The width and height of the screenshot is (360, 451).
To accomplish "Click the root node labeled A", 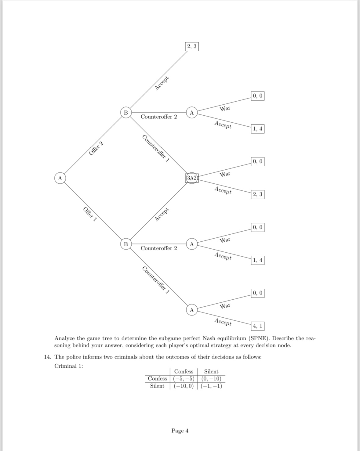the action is click(x=60, y=178).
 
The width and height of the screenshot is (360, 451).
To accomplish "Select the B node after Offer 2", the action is click(x=125, y=112).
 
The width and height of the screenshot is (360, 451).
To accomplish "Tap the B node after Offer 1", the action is click(x=125, y=244).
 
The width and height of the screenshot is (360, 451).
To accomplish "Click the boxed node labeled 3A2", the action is click(x=192, y=178).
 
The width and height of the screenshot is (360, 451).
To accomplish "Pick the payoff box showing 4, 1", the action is click(x=257, y=326).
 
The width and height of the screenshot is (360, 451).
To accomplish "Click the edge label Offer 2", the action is click(x=96, y=149).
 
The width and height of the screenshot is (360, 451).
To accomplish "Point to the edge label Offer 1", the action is click(x=90, y=214).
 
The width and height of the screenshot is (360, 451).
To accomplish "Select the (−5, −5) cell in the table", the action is click(x=184, y=379).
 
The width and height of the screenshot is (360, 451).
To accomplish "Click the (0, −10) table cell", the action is click(x=211, y=379).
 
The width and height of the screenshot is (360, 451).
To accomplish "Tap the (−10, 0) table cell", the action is click(x=184, y=386).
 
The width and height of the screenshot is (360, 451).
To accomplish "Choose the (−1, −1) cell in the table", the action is click(x=211, y=386).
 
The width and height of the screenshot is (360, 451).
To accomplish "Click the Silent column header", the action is click(x=211, y=371).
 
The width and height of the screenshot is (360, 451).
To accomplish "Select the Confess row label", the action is click(x=157, y=379).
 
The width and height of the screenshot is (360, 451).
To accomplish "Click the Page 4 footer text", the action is click(x=180, y=431).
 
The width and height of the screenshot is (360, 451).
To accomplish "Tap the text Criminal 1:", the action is click(x=69, y=366).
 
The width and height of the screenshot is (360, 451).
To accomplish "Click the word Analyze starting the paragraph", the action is click(x=64, y=338).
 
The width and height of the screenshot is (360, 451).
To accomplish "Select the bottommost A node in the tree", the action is click(x=192, y=310).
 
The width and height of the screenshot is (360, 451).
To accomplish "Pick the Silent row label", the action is click(x=157, y=386).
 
